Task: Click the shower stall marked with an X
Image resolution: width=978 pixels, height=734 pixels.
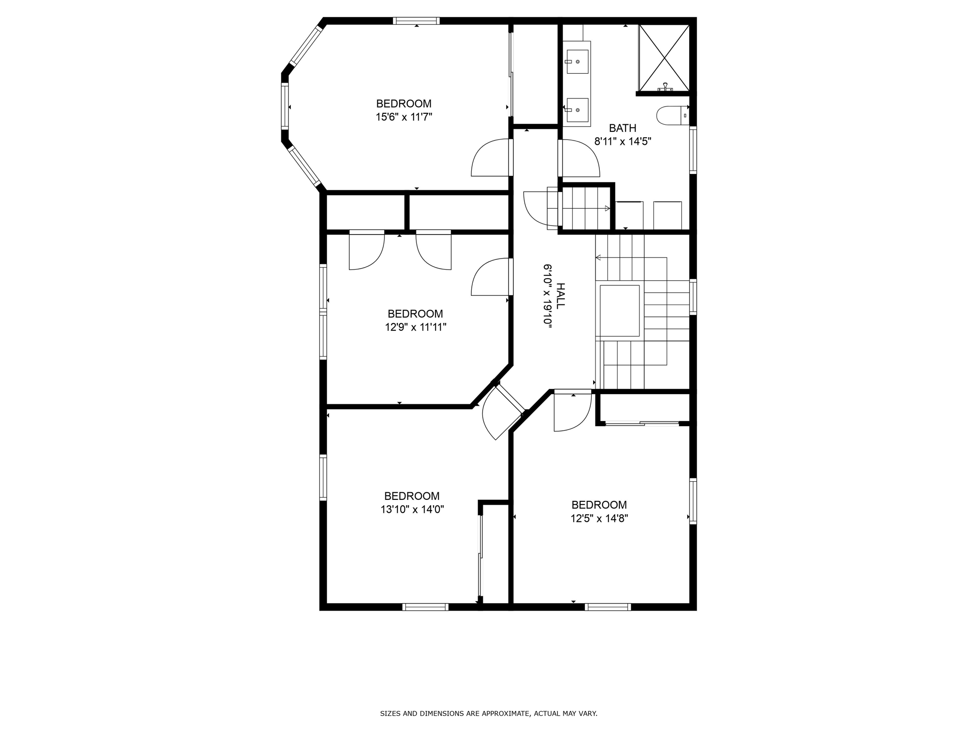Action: coord(664,58)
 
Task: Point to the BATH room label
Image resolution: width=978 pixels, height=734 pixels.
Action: coord(622,128)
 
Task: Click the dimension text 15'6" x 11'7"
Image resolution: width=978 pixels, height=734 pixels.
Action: coord(404,117)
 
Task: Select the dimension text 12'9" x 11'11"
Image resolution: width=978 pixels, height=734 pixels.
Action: coord(415,327)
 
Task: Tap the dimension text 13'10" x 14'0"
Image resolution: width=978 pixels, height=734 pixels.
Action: coord(412,509)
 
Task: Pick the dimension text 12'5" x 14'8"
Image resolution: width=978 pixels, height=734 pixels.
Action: coord(599,518)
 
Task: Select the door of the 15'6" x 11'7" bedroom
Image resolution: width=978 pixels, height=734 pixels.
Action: coord(491,158)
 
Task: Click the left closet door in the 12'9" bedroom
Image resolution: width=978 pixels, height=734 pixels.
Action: coord(366,251)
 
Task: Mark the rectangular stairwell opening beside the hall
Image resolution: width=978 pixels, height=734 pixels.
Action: coord(619,311)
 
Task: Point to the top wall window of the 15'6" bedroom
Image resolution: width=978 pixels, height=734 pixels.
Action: coord(416,21)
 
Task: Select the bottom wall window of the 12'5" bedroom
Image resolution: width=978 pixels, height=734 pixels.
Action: coord(607,607)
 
